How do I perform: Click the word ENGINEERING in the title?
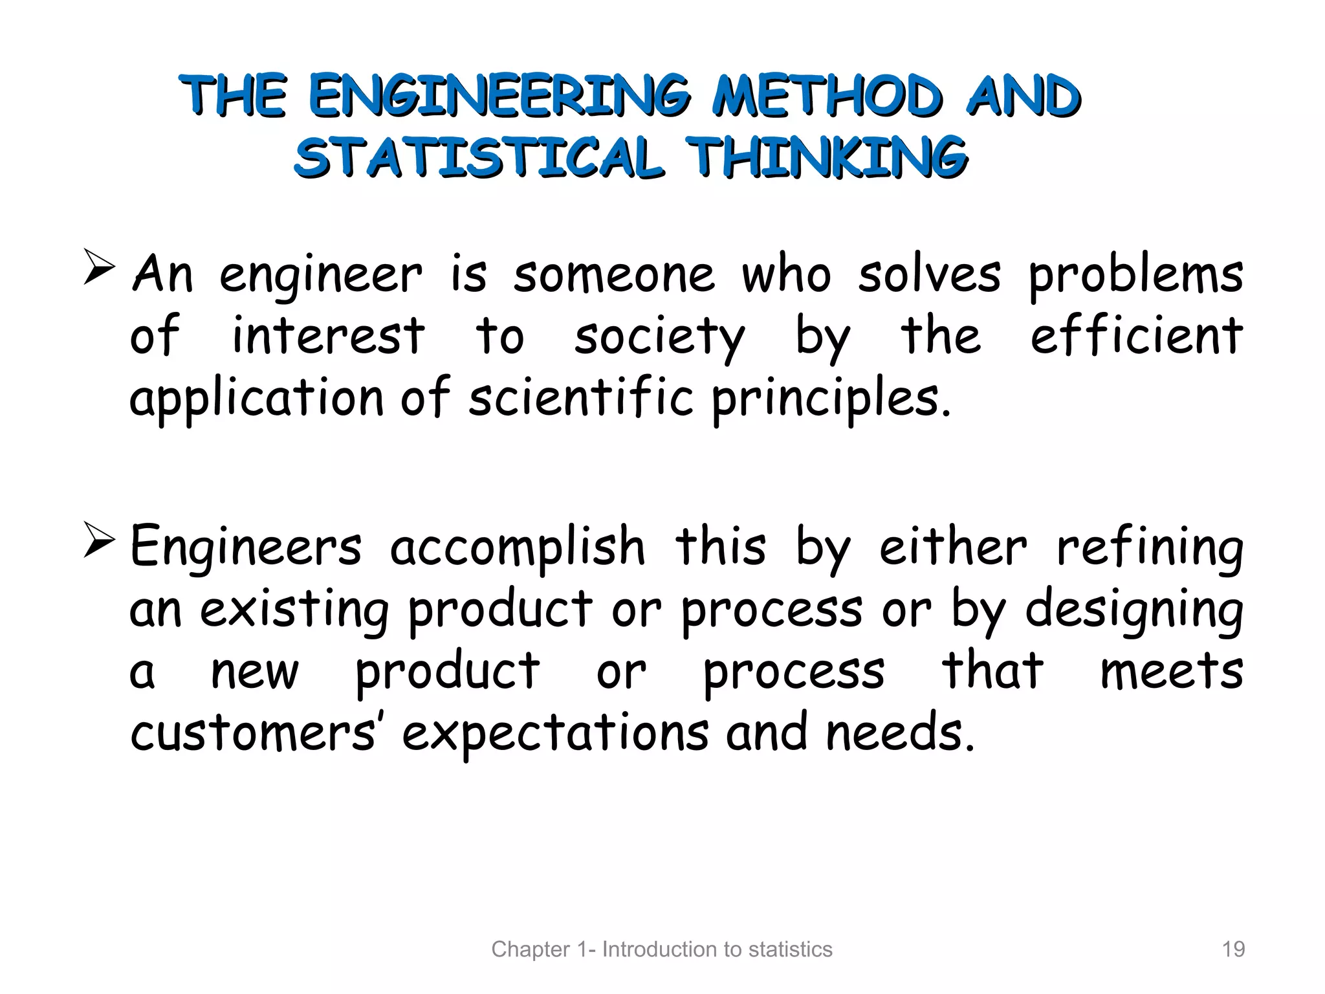point(499,96)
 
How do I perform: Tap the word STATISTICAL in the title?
point(479,157)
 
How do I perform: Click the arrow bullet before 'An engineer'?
point(99,269)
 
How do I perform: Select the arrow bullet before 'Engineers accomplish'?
point(99,542)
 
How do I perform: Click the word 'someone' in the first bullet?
point(614,275)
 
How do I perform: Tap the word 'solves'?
point(929,275)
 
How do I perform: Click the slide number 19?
point(1233,949)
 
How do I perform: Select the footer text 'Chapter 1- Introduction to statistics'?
point(662,949)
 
